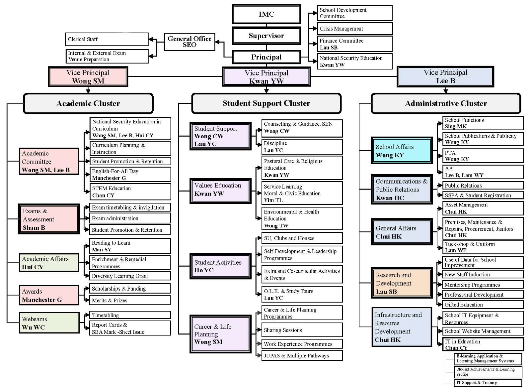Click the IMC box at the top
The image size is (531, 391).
pos(266,14)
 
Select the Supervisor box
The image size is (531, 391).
pos(266,36)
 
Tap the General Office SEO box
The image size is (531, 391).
pos(190,42)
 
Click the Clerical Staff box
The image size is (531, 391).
pos(107,39)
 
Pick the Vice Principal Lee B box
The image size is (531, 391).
pos(445,76)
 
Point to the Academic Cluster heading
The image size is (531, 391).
pos(88,103)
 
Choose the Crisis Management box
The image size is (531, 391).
pos(354,29)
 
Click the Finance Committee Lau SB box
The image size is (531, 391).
pos(354,44)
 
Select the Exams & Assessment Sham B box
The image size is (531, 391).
pos(49,219)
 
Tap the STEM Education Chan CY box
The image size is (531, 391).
pos(130,192)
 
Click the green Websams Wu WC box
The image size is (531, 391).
pos(49,323)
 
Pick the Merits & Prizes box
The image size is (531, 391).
pos(130,300)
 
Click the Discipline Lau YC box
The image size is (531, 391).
pos(302,147)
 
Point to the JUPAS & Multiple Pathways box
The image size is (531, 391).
pos(302,355)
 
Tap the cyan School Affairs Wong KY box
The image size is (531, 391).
pos(402,151)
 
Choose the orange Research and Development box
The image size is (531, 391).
pos(402,283)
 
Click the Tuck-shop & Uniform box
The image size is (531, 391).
pos(483,247)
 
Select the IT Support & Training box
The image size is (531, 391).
pos(488,383)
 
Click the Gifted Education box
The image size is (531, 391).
pos(483,305)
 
